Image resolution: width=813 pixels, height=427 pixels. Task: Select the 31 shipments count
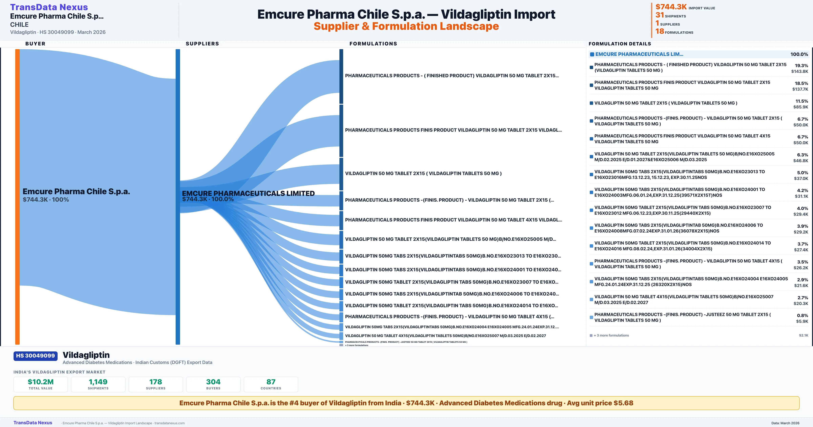[660, 15]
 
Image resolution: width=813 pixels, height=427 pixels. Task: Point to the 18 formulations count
[660, 31]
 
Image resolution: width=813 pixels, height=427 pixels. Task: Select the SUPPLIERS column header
[202, 44]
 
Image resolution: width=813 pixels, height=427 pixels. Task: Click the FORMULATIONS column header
[373, 44]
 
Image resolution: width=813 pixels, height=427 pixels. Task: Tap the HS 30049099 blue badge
[35, 356]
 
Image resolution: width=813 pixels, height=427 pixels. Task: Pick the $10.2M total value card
[41, 384]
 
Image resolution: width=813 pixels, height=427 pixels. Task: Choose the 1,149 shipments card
[98, 384]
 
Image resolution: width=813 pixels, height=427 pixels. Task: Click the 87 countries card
[271, 384]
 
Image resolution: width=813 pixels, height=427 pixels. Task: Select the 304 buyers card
[213, 384]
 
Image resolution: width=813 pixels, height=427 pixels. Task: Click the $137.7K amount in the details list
[800, 89]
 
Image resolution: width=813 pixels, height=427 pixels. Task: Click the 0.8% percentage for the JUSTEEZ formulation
[802, 316]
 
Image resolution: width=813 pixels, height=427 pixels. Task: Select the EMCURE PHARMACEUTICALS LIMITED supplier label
[248, 193]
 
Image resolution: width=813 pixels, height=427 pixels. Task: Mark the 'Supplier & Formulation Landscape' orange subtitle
[406, 26]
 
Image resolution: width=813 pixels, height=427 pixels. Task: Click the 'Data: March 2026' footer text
[785, 423]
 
